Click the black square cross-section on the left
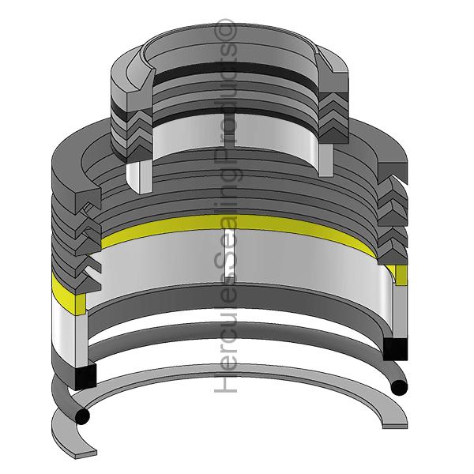84,377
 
